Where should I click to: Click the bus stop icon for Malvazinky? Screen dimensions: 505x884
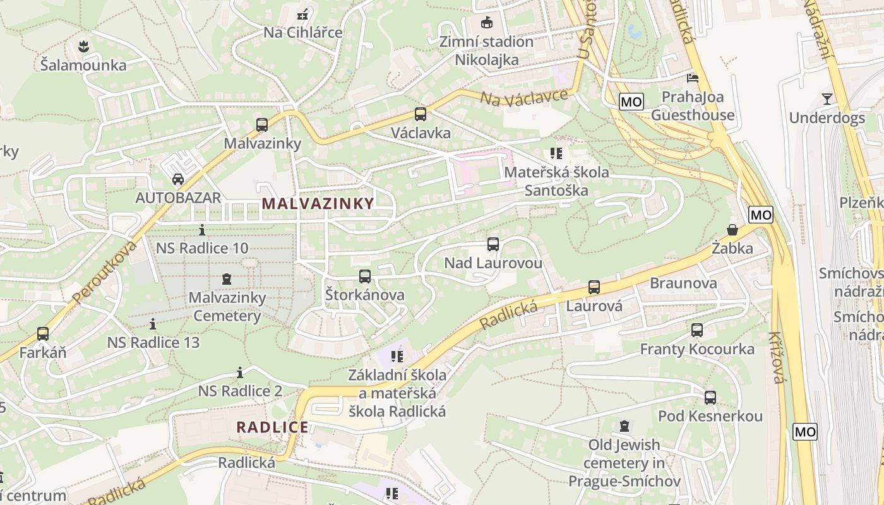point(262,125)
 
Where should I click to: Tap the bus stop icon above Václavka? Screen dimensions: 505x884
point(421,114)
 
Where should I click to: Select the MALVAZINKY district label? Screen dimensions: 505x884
point(318,203)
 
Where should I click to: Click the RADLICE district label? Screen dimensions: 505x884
point(273,427)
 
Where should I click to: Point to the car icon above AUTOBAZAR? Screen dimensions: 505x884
point(178,179)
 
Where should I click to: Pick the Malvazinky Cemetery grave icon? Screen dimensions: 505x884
point(227,278)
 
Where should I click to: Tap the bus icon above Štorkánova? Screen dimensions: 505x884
point(364,276)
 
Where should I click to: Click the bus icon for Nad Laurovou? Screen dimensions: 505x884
point(493,244)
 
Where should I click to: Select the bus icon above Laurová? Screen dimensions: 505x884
point(594,287)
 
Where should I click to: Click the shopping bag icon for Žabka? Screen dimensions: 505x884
point(732,230)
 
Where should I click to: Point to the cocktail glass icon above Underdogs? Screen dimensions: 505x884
point(827,98)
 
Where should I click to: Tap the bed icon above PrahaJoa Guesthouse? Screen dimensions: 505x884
point(693,78)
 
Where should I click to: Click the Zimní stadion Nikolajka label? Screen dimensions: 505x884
point(487,50)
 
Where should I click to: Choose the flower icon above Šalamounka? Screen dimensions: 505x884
point(83,46)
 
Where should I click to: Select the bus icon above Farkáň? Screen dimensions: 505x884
point(43,333)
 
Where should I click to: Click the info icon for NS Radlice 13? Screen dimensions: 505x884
point(153,324)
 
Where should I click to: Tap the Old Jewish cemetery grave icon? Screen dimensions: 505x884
point(624,426)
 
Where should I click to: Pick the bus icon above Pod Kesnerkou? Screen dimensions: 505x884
point(710,397)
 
